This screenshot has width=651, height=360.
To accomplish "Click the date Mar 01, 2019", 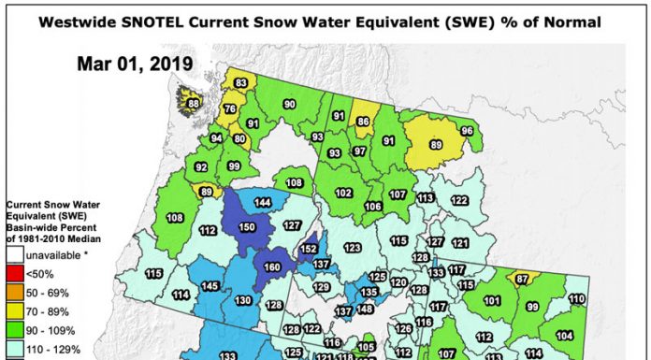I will pos(136,64).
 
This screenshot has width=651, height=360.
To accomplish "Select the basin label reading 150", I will pos(247,227).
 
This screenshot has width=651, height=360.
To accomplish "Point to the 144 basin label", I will pos(263,203).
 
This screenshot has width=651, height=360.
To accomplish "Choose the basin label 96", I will pos(467,131).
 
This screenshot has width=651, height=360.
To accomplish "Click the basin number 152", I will pos(310,250).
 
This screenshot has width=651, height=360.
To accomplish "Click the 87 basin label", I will pos(522,280).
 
